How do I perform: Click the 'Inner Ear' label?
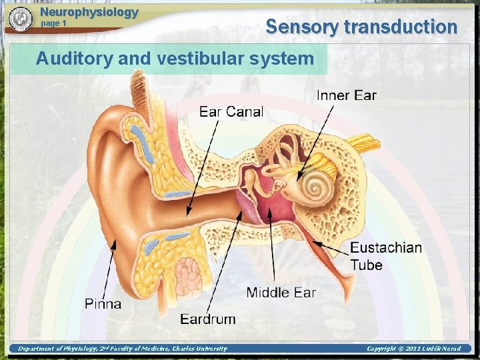point(346,95)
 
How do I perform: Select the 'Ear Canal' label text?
point(231,111)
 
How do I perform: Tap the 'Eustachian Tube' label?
point(385,256)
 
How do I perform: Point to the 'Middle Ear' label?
point(281,292)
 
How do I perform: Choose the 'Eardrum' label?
point(207,319)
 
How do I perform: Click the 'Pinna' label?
point(103,304)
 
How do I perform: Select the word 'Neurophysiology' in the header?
point(89,12)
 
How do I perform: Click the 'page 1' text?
point(54,24)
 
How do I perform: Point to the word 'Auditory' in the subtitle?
point(74,59)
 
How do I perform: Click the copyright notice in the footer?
point(413,348)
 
